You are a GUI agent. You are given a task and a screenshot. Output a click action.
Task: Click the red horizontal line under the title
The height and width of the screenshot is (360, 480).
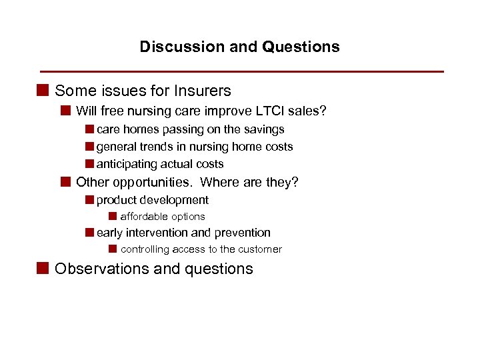[241, 71]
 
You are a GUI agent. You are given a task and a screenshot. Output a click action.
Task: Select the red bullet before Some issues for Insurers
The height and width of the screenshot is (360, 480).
[43, 90]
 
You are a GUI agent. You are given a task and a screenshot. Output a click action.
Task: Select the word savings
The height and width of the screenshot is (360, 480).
[264, 129]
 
